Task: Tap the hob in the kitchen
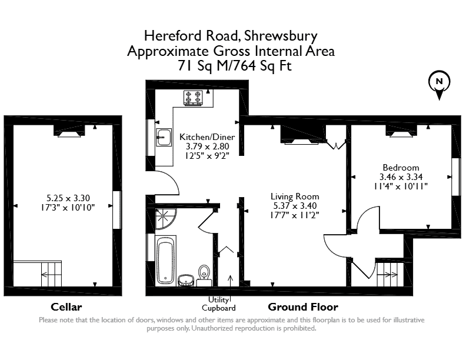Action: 193,98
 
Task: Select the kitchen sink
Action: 164,137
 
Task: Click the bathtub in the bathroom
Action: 165,259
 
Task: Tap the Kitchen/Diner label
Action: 207,137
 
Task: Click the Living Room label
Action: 295,196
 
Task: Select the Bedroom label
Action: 401,168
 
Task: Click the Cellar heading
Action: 66,307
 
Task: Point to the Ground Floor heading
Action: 303,307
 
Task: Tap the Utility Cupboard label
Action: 219,304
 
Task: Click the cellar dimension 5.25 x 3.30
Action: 68,198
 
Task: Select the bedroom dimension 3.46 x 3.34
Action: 401,177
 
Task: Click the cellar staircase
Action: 51,274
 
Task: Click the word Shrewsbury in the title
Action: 281,36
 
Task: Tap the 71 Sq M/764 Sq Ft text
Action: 235,66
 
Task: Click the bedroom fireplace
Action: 401,131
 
